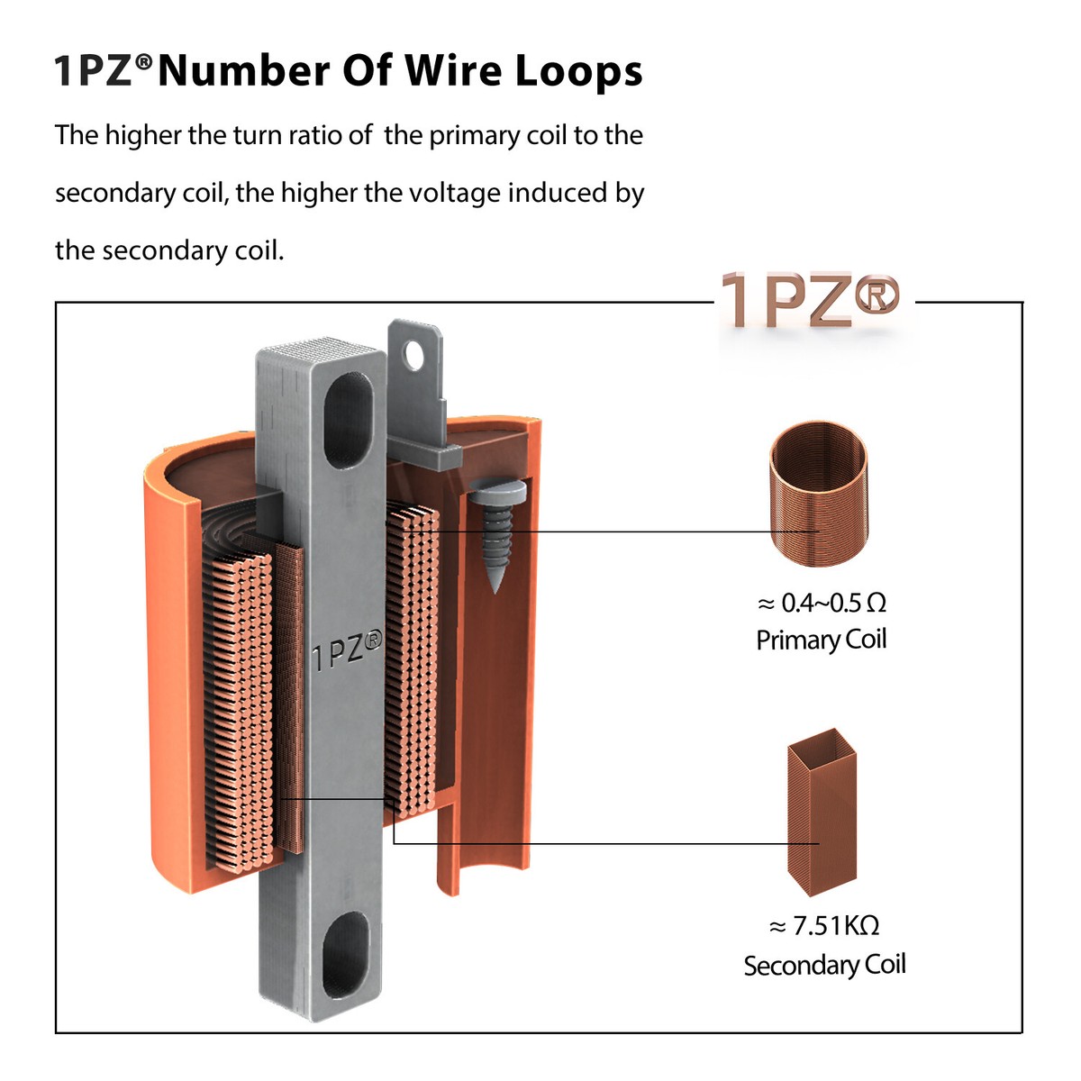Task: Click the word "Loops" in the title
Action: pos(578,72)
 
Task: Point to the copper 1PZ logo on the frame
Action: pos(810,300)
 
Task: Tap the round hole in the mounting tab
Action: pos(414,355)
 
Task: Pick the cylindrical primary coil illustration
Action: pos(819,493)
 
